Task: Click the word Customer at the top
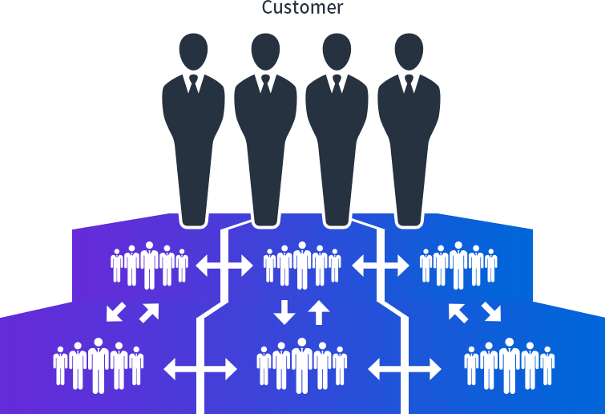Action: [x=303, y=9]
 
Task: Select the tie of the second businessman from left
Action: [x=264, y=83]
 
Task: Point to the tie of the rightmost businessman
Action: [x=408, y=83]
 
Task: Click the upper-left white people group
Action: [x=149, y=265]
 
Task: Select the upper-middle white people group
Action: [x=302, y=265]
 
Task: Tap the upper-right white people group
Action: [x=458, y=265]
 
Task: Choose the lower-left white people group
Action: [x=99, y=365]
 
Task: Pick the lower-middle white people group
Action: [x=302, y=365]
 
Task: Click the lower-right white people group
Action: [x=509, y=365]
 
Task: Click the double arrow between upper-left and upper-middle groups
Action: [x=224, y=266]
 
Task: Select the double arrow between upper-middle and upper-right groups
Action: [x=381, y=266]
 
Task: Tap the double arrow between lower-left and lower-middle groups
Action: [x=200, y=369]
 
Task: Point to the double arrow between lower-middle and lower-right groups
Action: [x=405, y=369]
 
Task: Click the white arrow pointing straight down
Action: [x=284, y=311]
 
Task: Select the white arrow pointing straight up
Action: [x=319, y=311]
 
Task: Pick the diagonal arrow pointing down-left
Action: [x=116, y=311]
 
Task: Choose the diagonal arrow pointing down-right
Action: [x=491, y=312]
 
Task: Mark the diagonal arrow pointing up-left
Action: [x=458, y=312]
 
